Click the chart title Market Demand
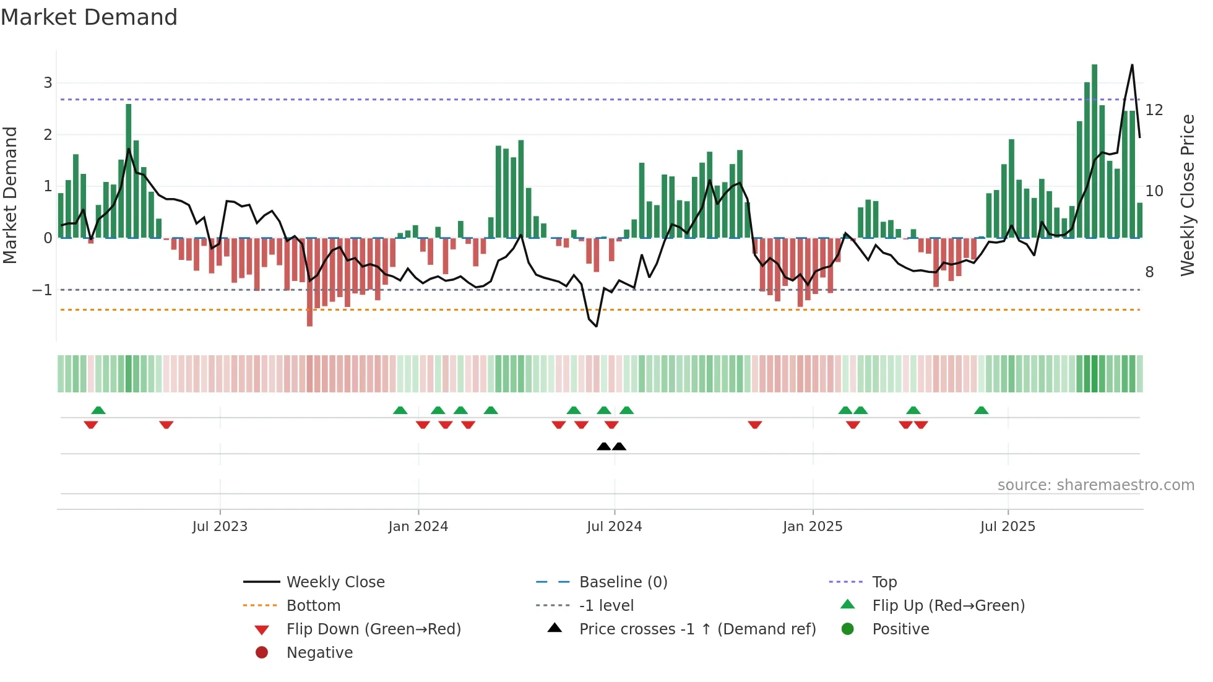coord(89,17)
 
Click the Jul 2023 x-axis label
coord(220,527)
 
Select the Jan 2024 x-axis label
coord(418,527)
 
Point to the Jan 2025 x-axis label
coord(813,527)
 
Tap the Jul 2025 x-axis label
coord(1008,527)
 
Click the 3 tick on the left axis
coord(48,83)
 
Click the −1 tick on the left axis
coord(42,290)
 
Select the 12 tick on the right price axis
coord(1154,110)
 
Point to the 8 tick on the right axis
coord(1149,272)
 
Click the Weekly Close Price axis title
coord(1187,195)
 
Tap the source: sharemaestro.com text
coord(1095,485)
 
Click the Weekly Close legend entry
coord(335,582)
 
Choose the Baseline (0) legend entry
coord(623,582)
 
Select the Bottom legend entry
coord(313,606)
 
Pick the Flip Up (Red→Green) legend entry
coord(948,606)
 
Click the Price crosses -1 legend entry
coord(697,629)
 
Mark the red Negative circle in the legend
coord(262,653)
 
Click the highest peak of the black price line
coord(1132,65)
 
